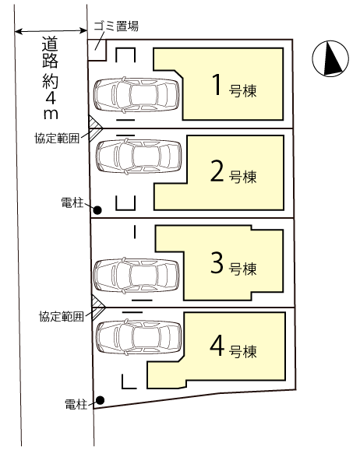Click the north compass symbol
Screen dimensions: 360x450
tap(330, 58)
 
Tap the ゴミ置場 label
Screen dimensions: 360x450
tap(116, 26)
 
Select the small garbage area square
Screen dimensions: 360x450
tap(97, 50)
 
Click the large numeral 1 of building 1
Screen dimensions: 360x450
tap(217, 84)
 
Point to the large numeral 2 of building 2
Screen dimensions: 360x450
tap(217, 171)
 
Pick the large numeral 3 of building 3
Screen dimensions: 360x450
tap(217, 262)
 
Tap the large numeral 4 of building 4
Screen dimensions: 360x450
tap(217, 346)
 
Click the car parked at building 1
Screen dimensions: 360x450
tap(136, 95)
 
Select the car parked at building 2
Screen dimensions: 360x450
tap(139, 156)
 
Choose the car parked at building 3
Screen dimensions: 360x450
tap(136, 276)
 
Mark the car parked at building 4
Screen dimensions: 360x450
tap(139, 337)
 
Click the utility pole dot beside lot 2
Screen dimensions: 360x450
tap(98, 210)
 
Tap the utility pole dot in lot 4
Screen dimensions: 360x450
tap(100, 399)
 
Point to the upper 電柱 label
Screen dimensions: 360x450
tap(72, 203)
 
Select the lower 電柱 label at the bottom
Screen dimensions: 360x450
tap(76, 404)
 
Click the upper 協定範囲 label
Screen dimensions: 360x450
tap(57, 138)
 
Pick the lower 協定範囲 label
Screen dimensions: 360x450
tap(62, 316)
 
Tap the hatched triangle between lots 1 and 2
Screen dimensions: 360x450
tap(94, 128)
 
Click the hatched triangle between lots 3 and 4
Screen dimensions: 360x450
tap(97, 307)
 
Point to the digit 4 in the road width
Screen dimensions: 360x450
tap(51, 98)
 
